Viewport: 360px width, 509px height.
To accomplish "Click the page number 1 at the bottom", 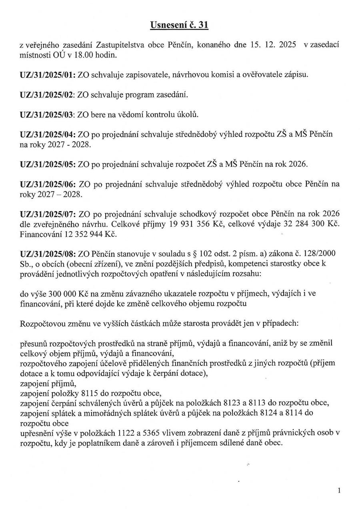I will coord(339,490).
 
